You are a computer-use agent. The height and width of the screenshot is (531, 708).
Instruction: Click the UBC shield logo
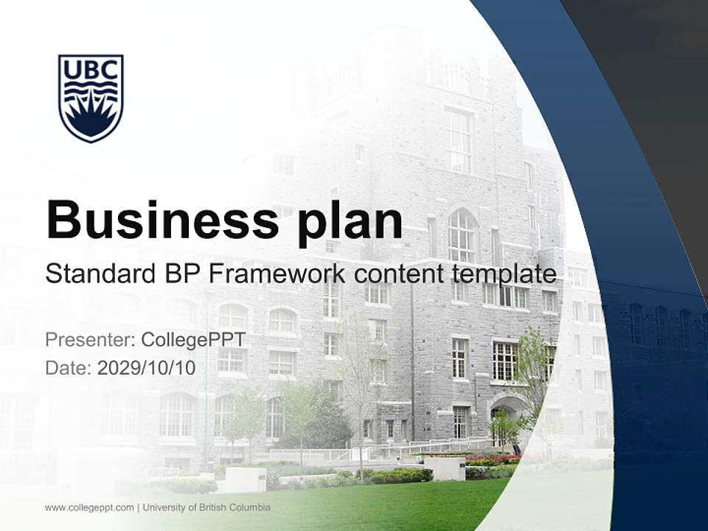[91, 97]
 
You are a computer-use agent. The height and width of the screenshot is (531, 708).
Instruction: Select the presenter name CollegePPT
[193, 340]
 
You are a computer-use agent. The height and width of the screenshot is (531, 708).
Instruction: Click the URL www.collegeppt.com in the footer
[89, 507]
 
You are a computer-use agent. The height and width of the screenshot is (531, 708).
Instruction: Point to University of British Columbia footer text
[207, 507]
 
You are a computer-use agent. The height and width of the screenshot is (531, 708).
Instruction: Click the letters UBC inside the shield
[91, 70]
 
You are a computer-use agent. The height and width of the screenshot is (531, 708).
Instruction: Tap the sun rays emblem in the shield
[91, 118]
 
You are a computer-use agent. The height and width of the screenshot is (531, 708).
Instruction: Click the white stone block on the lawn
[240, 480]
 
